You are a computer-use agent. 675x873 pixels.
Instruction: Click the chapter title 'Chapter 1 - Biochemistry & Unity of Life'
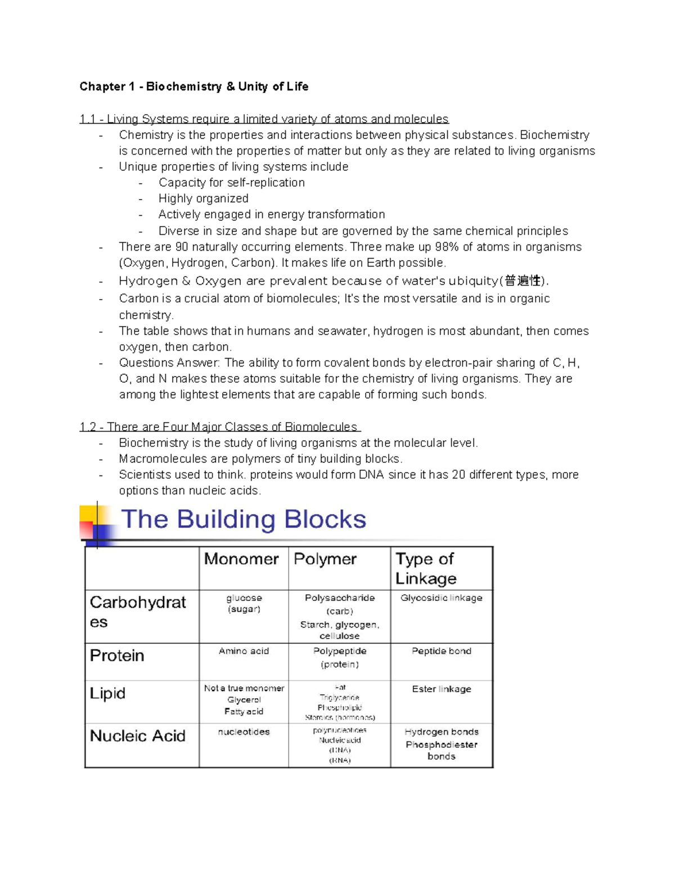point(193,87)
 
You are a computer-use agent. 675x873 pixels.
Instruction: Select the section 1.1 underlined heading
point(264,119)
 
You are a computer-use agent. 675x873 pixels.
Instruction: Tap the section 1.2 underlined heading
point(219,427)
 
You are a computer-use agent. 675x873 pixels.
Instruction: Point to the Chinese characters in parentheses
point(523,281)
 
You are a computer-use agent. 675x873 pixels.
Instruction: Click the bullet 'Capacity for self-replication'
point(231,183)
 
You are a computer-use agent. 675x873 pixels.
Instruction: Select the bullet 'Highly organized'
point(203,198)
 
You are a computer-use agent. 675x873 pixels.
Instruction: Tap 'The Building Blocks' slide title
point(244,519)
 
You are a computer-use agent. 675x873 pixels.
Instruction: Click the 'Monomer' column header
point(241,559)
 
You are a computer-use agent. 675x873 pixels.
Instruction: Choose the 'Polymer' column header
point(325,559)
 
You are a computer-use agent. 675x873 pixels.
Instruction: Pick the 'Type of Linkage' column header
point(426,568)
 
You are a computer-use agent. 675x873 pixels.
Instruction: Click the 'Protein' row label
point(117,655)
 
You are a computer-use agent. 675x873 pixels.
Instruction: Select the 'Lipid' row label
point(107,693)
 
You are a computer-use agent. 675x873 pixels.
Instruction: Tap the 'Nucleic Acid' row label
point(138,736)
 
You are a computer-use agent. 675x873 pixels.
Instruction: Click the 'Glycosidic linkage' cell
point(442,598)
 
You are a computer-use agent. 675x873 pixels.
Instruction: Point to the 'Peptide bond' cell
point(442,651)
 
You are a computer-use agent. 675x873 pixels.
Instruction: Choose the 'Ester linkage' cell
point(442,689)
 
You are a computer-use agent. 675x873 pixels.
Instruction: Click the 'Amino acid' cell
point(244,651)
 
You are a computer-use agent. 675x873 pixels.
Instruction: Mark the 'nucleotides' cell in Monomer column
point(244,732)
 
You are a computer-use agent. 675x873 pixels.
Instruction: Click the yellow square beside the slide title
point(88,514)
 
